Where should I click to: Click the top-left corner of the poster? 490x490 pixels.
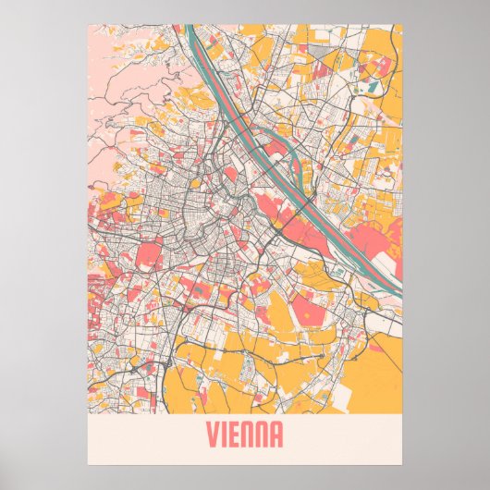click(x=88, y=25)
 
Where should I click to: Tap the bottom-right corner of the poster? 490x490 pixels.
click(x=402, y=465)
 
